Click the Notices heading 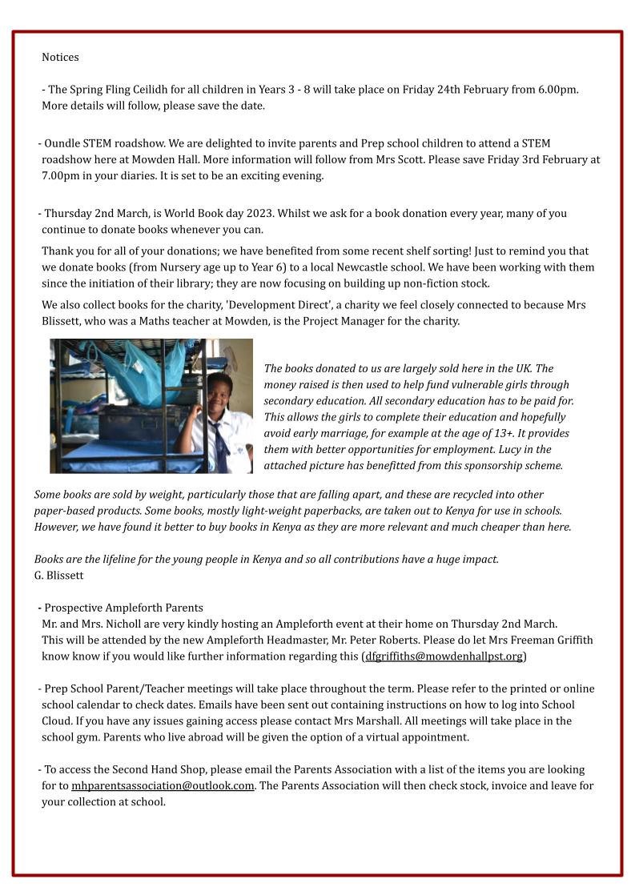coord(60,58)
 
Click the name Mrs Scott coord(412,160)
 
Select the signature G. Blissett coord(58,576)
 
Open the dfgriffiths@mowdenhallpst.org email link coord(444,656)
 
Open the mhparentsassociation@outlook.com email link coord(163,786)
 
